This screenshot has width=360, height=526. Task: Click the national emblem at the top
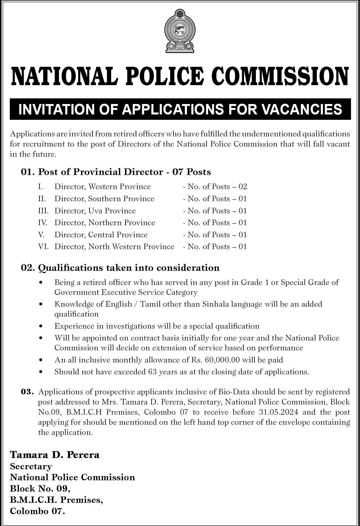[x=180, y=31]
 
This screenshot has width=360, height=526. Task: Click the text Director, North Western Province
[x=115, y=247]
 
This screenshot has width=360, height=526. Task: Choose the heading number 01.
[x=27, y=172]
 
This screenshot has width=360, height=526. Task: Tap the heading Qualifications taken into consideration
[x=129, y=268]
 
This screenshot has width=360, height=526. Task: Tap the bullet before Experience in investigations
[x=41, y=326]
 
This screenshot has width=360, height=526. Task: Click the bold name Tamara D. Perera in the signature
[x=55, y=455]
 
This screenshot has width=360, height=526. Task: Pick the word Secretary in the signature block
[x=31, y=466]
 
